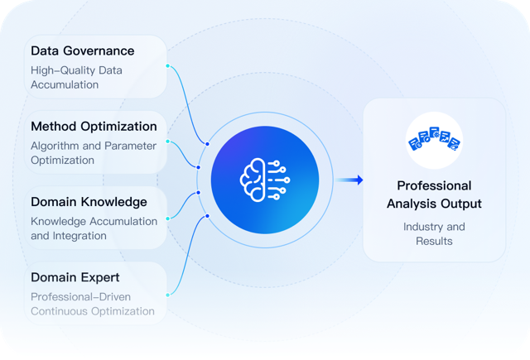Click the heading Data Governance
(83, 50)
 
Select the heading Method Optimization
(94, 127)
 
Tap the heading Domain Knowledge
(89, 202)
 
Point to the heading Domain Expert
(75, 277)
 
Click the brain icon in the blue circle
(265, 180)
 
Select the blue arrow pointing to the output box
(349, 180)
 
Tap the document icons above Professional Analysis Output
(434, 138)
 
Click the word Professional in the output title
(434, 185)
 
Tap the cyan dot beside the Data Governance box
(167, 66)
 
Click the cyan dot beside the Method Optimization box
(167, 142)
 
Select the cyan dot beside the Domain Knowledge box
(167, 218)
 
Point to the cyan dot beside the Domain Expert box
(167, 295)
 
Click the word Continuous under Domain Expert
(60, 311)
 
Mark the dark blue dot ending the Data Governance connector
(207, 144)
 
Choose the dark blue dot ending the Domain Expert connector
(207, 216)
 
